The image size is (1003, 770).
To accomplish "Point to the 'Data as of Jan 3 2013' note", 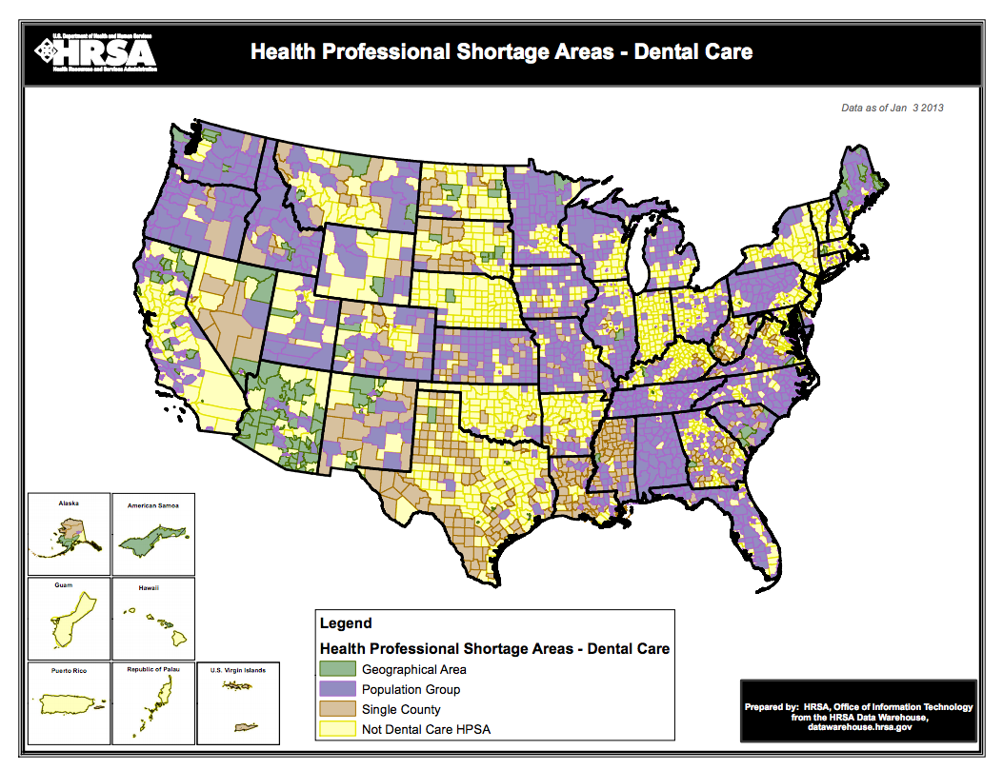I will (892, 109).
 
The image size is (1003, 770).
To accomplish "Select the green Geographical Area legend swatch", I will (336, 669).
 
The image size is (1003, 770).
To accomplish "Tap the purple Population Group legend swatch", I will (336, 689).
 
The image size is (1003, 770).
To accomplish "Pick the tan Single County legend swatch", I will (336, 710).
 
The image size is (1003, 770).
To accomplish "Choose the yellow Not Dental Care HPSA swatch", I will (336, 730).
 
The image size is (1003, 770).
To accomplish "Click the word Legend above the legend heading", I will (345, 624).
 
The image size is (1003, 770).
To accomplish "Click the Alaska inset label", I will (69, 503).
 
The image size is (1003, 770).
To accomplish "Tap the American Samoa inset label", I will (153, 505).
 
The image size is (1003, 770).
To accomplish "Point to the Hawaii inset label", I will (149, 588).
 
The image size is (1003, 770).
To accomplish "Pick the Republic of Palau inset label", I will (153, 671).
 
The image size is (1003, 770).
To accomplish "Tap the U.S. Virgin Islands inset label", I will (238, 671).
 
